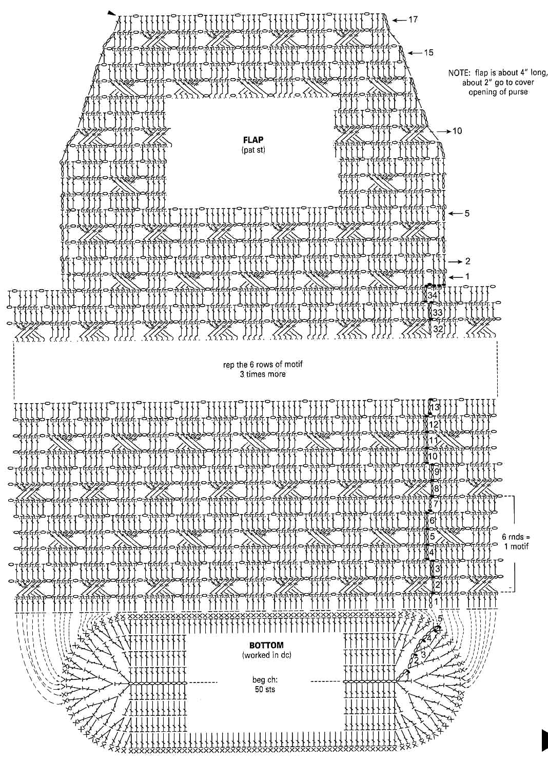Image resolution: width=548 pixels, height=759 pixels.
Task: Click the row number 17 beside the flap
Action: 413,20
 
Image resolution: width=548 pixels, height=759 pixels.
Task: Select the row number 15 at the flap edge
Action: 428,52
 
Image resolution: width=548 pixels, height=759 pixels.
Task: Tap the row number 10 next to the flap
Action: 457,131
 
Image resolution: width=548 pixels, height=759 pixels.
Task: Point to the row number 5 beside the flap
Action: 466,213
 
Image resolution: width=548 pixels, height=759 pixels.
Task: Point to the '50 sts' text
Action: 265,689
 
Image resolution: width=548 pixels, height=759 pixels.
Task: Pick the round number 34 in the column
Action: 433,296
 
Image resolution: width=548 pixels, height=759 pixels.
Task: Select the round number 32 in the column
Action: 438,328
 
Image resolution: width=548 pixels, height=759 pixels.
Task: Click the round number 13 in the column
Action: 435,407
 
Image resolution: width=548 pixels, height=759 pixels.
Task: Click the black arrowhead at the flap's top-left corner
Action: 112,14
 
